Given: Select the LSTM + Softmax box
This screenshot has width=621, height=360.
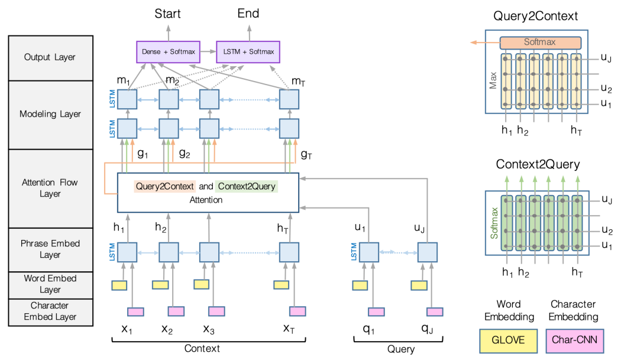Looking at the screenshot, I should (x=248, y=51).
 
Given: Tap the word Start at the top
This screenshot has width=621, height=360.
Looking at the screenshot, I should (x=168, y=13).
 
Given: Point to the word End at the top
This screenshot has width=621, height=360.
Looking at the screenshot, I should (x=248, y=13).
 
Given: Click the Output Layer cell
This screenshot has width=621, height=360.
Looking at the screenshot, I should (x=50, y=58).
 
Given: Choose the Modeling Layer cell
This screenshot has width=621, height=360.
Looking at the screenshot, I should (x=50, y=114).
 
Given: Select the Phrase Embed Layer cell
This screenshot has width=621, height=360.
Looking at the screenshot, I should (x=50, y=249).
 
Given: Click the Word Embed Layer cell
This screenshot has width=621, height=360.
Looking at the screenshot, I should (x=50, y=284).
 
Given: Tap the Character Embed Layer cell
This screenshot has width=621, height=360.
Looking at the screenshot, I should (x=50, y=312).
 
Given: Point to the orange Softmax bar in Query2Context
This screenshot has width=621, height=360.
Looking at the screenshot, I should (x=540, y=43).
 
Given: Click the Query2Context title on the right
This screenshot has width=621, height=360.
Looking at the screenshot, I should (x=536, y=16).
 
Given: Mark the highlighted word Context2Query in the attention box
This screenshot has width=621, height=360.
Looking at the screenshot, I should (x=247, y=186).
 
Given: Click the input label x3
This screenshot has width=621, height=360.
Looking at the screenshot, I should (x=209, y=329).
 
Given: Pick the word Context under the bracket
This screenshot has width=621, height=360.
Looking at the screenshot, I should (x=202, y=348).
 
